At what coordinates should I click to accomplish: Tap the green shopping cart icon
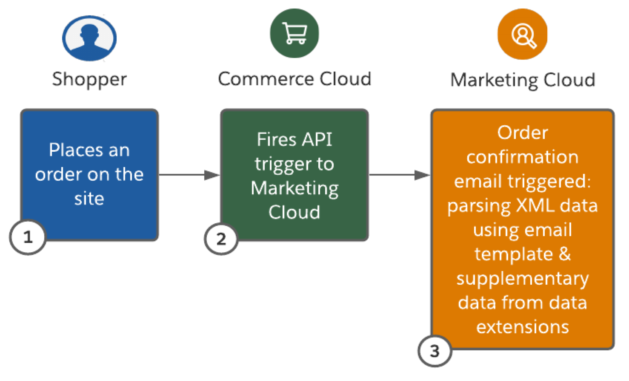click(x=294, y=33)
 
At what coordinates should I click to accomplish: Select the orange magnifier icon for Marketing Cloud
click(x=522, y=35)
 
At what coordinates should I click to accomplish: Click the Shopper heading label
click(x=89, y=80)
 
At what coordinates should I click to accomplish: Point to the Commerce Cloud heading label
click(x=294, y=79)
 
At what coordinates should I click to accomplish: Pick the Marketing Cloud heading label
click(x=523, y=80)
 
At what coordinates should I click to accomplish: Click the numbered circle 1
click(x=28, y=237)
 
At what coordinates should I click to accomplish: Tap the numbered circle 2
click(x=221, y=239)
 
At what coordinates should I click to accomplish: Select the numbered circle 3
click(x=435, y=352)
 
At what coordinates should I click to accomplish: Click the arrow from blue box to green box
click(x=189, y=175)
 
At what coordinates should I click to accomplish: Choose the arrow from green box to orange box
click(x=400, y=175)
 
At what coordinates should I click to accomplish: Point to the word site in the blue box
click(x=89, y=199)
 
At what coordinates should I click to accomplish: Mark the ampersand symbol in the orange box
click(x=564, y=254)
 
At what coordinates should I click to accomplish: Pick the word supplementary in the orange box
click(x=523, y=279)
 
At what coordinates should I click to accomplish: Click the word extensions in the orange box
click(x=523, y=327)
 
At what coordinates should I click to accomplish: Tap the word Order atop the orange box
click(x=523, y=133)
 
